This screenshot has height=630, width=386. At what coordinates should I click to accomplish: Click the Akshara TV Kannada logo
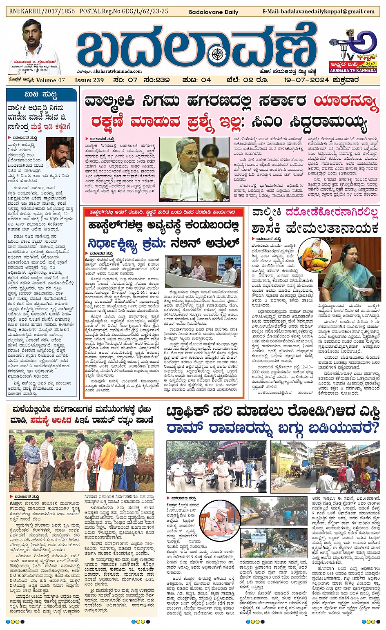coord(353,51)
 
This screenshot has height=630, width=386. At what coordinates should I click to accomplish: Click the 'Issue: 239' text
coord(89,80)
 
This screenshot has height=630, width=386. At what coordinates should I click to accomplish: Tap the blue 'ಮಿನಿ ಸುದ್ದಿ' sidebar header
coord(41,94)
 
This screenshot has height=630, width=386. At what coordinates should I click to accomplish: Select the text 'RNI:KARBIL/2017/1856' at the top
coord(42,11)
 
